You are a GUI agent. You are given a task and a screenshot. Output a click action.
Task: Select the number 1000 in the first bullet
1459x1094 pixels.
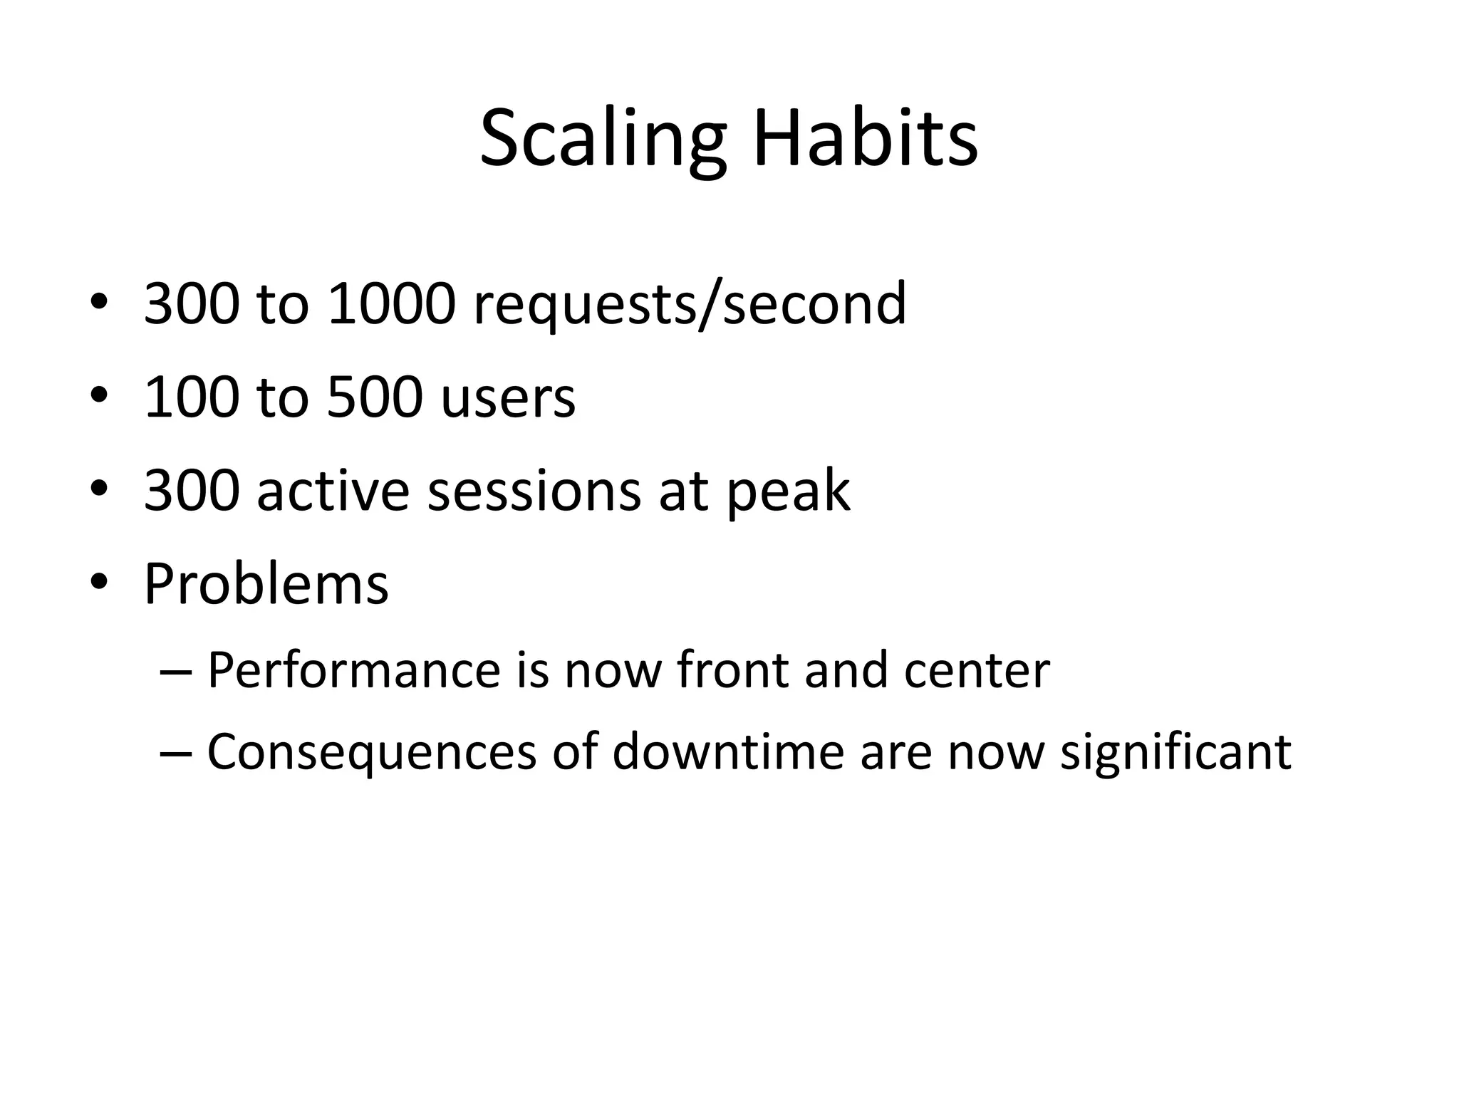(x=391, y=304)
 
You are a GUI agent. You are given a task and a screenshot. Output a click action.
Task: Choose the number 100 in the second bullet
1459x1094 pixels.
(x=191, y=397)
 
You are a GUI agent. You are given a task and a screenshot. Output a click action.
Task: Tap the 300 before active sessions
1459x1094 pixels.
(x=191, y=491)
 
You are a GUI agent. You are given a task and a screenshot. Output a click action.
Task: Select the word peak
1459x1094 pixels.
(x=788, y=492)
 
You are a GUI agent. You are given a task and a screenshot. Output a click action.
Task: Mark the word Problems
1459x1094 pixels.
(x=266, y=585)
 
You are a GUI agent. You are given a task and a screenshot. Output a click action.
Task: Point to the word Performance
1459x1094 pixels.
(x=354, y=671)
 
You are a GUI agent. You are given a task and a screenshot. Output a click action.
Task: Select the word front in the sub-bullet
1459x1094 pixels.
(x=732, y=671)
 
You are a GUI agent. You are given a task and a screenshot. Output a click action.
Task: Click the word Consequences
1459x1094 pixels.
(x=371, y=753)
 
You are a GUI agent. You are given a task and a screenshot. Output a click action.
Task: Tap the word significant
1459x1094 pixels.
(x=1175, y=754)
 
